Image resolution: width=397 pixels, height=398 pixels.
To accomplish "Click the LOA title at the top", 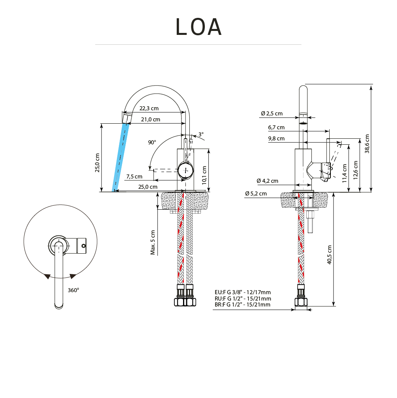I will click(198, 27).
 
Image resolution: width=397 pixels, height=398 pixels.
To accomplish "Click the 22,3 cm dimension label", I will click(149, 109).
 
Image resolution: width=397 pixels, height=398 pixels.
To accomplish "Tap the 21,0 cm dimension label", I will click(151, 119).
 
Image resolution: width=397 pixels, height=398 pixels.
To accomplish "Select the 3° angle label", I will click(201, 134).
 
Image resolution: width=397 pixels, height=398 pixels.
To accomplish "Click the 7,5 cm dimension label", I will click(134, 176).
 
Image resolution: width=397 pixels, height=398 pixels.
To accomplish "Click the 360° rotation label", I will click(73, 290).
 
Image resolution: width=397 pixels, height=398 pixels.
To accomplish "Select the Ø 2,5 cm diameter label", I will click(272, 114).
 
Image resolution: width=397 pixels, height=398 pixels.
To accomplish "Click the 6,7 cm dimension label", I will click(276, 128).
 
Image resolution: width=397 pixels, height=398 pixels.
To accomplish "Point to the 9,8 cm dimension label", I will click(276, 139).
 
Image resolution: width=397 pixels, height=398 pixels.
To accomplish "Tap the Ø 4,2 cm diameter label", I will click(267, 181).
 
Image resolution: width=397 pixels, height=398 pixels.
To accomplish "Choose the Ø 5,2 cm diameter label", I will click(256, 194).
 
